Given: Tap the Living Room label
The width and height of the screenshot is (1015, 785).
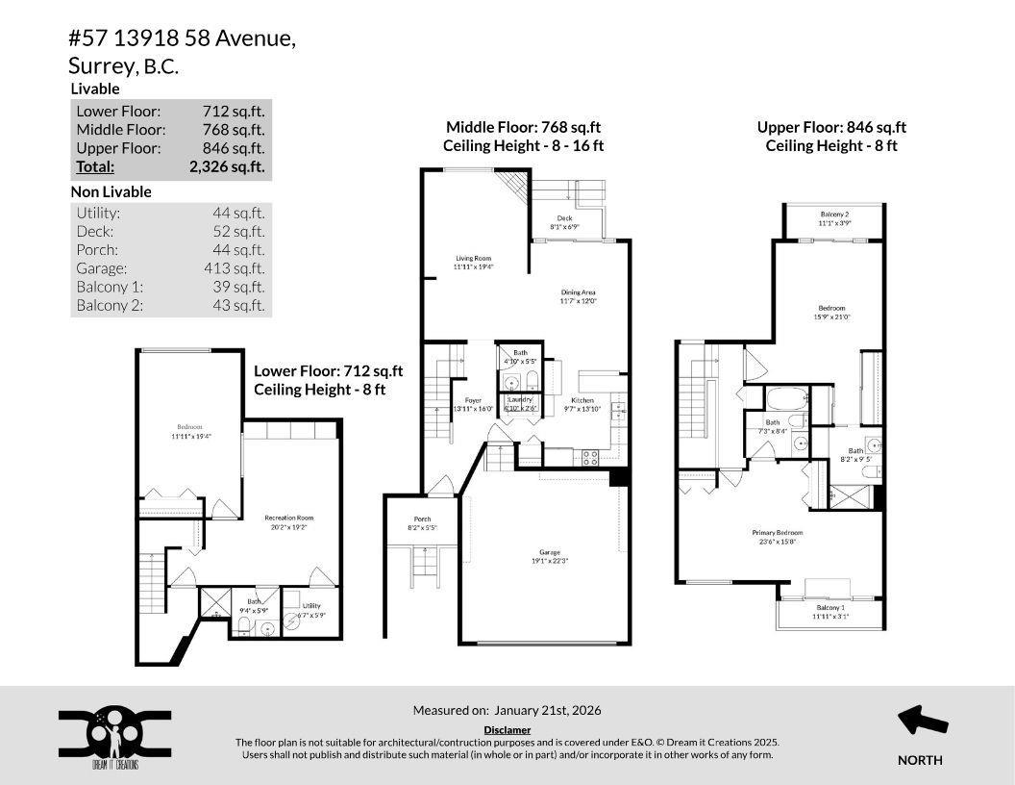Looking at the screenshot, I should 473,258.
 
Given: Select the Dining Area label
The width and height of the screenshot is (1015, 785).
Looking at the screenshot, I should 579,291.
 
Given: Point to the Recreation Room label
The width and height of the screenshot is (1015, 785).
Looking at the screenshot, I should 289,518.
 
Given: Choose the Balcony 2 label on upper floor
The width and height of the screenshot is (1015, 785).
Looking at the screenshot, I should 834,214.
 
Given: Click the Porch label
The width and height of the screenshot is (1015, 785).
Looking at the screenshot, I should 422,519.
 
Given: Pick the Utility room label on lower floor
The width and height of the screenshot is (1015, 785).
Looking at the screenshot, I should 310,606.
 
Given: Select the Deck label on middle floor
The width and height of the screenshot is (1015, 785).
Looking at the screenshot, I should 564,218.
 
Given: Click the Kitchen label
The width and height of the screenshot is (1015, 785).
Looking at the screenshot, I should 582,400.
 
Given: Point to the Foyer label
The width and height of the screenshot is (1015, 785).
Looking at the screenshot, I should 473,400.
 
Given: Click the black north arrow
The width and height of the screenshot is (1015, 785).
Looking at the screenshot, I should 922,721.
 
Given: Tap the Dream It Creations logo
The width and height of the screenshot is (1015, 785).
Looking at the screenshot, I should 114,738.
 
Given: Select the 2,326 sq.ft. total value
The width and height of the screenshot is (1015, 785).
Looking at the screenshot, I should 227,166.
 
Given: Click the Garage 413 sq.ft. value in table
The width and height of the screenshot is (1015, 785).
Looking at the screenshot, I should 238,268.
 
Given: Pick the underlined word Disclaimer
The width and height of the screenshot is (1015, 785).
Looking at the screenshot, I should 507,730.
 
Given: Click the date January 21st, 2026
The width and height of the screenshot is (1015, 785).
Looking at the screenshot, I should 548,710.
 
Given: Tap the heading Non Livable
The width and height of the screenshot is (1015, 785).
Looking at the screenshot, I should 111,191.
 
